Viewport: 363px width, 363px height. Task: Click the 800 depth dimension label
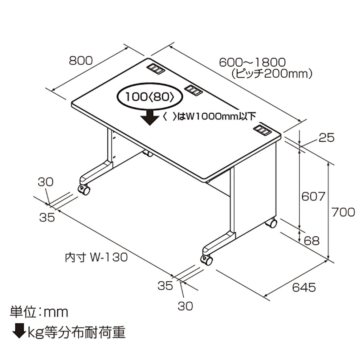point(81,60)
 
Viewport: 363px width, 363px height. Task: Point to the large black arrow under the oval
point(148,118)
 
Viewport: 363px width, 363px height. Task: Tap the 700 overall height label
point(343,212)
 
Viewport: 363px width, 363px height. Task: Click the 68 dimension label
point(312,240)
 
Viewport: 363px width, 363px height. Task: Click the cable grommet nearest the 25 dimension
point(262,130)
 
